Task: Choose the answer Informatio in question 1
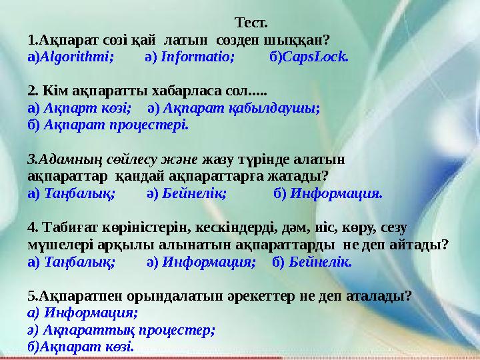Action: (x=198, y=57)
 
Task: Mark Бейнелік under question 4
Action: (x=321, y=262)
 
